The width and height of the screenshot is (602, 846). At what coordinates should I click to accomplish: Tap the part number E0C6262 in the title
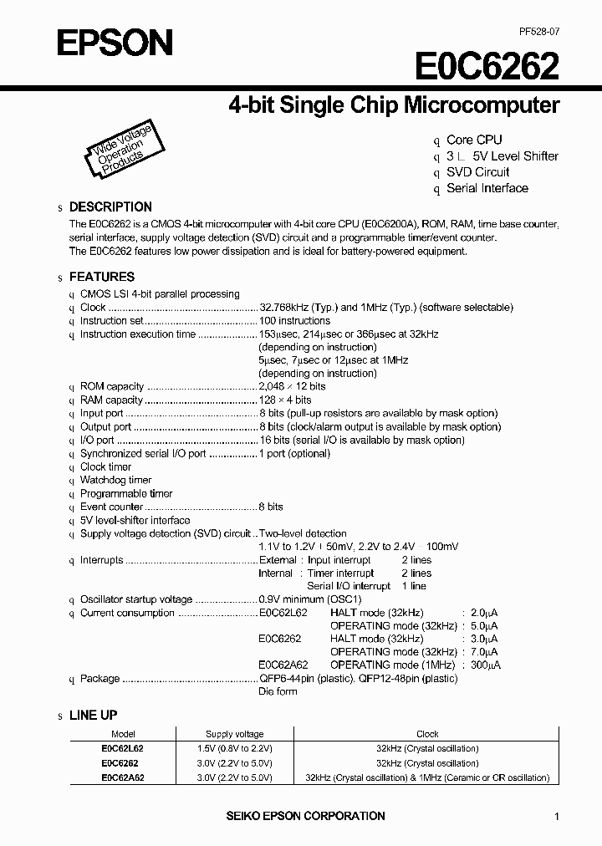(487, 66)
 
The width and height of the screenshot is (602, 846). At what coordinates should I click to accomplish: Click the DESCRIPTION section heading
(110, 206)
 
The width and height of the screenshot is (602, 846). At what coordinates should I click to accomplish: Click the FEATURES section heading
(101, 277)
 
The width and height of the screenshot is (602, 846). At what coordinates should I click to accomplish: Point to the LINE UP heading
(93, 716)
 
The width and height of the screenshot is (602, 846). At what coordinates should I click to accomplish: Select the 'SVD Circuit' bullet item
(477, 172)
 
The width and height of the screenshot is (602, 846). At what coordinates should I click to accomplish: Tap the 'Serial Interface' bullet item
(487, 188)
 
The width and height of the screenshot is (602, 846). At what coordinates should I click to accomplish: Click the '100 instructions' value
(294, 321)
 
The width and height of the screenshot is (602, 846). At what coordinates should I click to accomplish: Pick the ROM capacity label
(112, 387)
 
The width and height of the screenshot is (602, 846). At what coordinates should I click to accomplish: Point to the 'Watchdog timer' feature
(115, 481)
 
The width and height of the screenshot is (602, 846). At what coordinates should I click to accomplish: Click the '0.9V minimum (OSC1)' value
(310, 600)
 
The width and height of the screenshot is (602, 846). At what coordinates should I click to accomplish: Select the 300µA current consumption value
(486, 665)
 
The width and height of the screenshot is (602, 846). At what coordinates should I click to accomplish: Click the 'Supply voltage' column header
(235, 733)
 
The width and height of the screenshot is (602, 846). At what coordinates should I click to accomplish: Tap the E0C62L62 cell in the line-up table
(122, 749)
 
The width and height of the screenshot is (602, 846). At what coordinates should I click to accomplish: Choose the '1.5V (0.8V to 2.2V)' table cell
(235, 749)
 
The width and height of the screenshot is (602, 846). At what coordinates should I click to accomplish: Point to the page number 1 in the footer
(556, 817)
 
